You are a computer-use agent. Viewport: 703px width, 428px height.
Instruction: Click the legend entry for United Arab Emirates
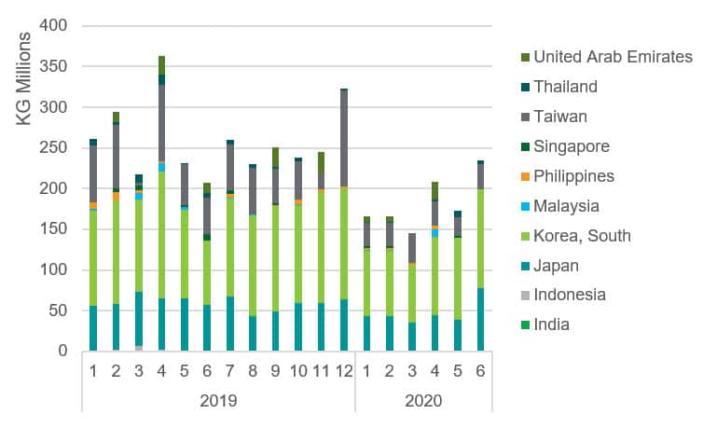pyautogui.click(x=613, y=58)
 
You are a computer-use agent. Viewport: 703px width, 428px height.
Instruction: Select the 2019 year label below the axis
pyautogui.click(x=217, y=402)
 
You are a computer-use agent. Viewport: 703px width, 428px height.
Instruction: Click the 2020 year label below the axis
pyautogui.click(x=423, y=402)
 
